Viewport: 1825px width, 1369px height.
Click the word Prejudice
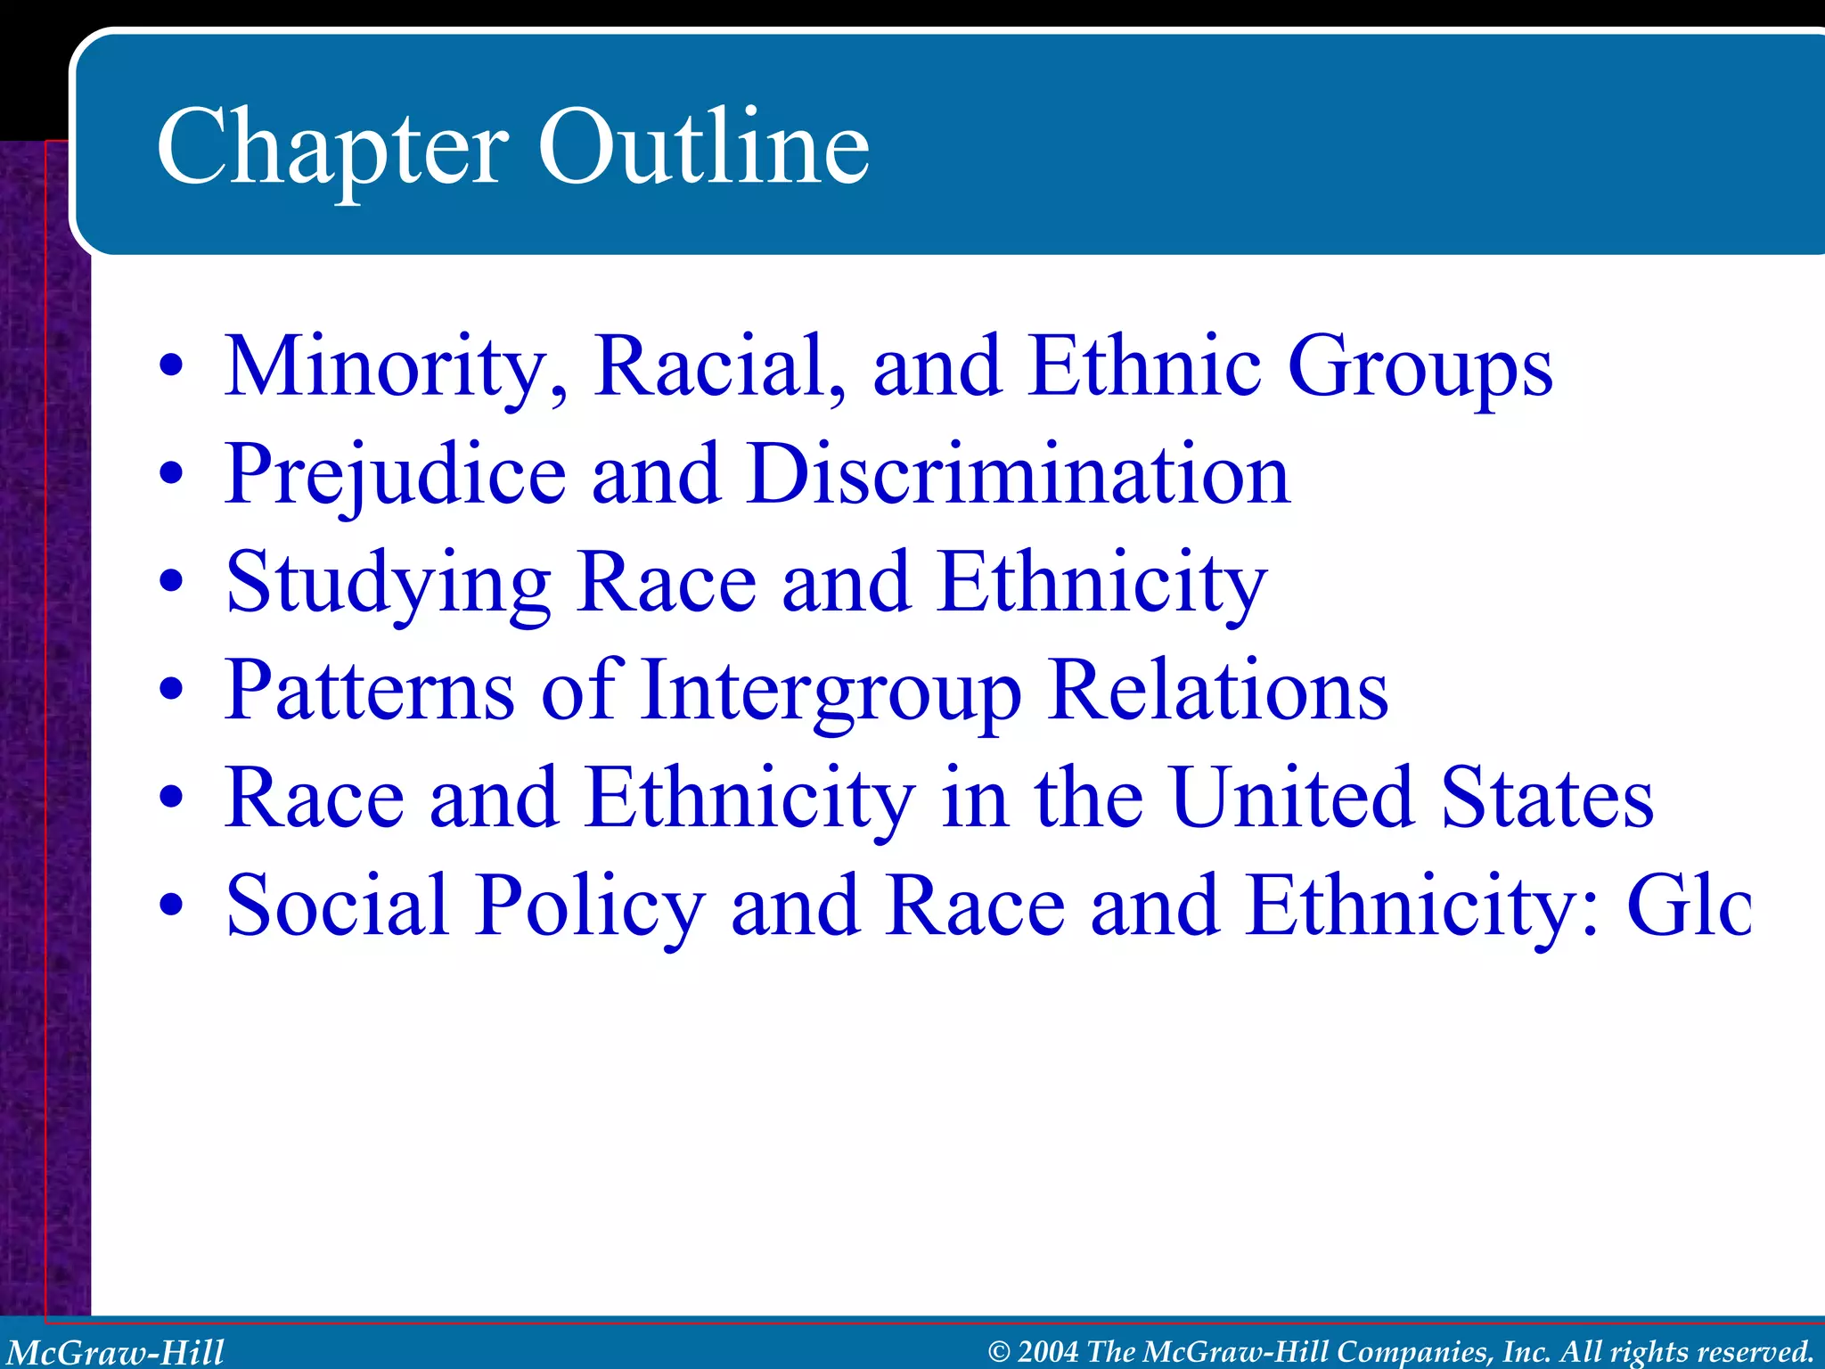click(396, 476)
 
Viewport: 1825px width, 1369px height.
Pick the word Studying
click(389, 585)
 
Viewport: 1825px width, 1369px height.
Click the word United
click(1292, 797)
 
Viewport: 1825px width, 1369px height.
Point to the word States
click(1547, 797)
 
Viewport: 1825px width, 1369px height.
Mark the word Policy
click(589, 907)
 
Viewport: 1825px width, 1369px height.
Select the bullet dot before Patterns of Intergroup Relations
click(172, 691)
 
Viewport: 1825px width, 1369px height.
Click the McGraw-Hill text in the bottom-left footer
click(115, 1352)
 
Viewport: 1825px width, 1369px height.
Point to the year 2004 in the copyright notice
click(1048, 1352)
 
